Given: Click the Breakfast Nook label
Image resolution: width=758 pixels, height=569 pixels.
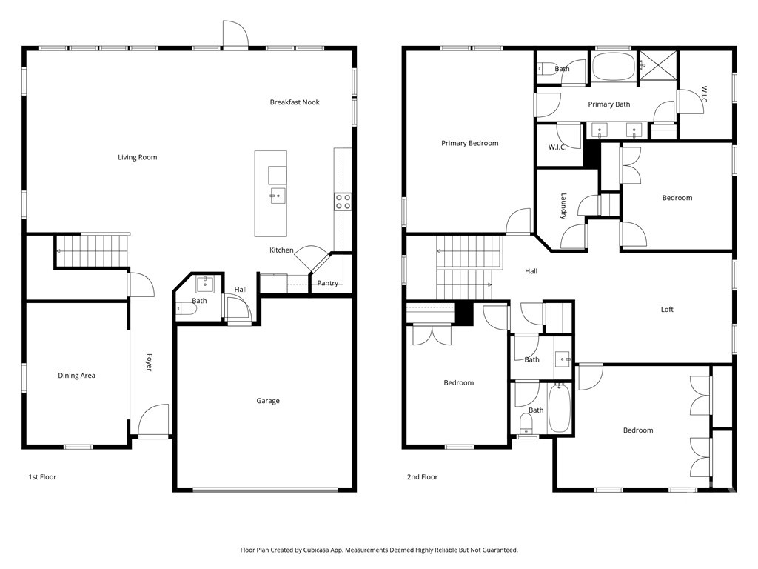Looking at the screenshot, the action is [295, 102].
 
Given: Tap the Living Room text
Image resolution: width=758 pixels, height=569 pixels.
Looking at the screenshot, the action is [137, 157].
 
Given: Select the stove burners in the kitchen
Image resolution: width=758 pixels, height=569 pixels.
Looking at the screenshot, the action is [342, 202].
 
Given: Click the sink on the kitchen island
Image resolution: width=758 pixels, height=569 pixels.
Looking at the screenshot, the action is [278, 196].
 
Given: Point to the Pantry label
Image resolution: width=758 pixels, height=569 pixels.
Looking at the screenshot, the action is [327, 283].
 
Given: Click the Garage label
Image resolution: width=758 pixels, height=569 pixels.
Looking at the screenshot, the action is [268, 401].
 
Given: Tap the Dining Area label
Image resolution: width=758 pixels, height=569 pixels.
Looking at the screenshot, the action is [76, 376].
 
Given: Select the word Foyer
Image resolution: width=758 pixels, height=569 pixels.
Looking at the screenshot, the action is [150, 362].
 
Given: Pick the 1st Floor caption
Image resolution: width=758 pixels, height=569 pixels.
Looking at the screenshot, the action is [42, 477].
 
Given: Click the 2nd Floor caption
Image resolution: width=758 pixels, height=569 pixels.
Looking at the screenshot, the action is [422, 477].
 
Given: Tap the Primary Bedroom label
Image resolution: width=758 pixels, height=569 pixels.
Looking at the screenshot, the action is [469, 143].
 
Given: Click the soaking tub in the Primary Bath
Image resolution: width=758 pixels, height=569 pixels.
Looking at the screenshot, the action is [613, 67].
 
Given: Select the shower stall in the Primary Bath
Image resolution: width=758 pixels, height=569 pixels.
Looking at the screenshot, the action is [658, 66].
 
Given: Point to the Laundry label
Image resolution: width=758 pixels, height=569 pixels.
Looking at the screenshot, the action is [563, 206].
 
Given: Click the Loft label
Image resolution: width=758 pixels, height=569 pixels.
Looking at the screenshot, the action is [667, 310].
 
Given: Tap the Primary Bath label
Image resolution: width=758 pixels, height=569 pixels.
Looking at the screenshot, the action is [608, 104].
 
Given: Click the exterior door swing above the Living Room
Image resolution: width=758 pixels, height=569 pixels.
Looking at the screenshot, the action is [235, 34].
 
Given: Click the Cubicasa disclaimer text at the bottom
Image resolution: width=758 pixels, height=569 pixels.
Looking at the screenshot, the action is [379, 550].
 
